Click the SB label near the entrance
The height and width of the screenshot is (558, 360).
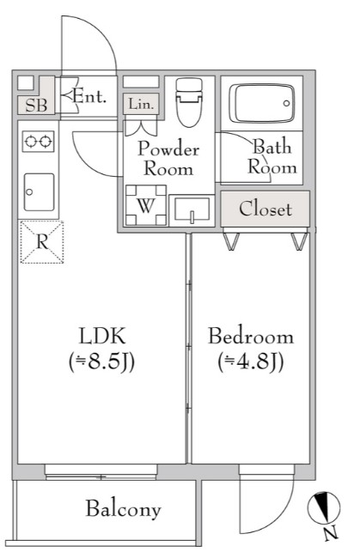36,106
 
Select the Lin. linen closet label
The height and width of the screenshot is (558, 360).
141,104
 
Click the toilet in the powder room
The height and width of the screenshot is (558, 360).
189,102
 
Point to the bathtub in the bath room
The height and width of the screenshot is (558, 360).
262,103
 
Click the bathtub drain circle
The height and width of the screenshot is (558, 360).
287,104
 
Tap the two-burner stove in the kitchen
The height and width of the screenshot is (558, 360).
38,142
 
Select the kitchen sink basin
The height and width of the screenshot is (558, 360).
40,192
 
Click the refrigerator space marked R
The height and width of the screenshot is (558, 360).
42,242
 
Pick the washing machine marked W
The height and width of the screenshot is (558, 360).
146,205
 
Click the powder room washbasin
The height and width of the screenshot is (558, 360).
192,210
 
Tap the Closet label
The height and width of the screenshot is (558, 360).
265,209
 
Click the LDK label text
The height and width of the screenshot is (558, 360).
102,336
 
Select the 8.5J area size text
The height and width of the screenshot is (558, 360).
102,362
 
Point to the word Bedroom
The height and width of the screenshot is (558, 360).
251,337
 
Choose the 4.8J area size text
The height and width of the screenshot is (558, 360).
251,362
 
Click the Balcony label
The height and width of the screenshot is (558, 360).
123,509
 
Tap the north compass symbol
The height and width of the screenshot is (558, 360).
324,508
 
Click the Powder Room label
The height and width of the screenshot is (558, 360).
168,158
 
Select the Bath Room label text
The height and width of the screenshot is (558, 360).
272,156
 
